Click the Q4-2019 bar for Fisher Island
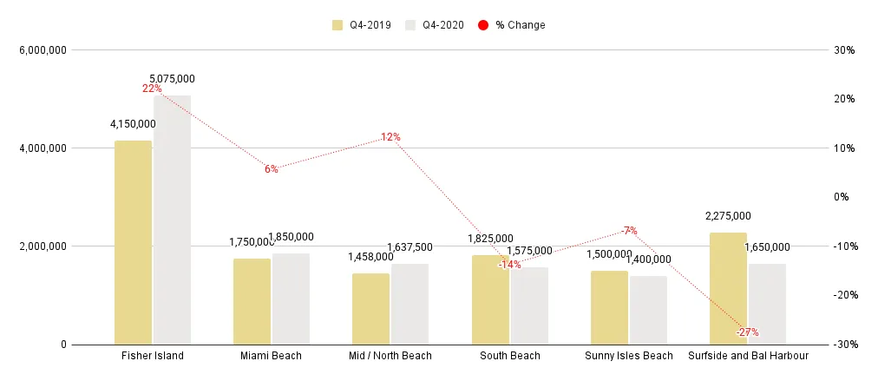click(133, 242)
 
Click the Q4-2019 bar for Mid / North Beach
click(370, 308)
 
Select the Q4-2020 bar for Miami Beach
click(291, 299)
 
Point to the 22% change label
click(152, 89)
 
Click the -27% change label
click(747, 332)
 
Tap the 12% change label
click(390, 137)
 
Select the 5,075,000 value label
click(172, 79)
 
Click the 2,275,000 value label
click(727, 216)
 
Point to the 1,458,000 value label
click(370, 257)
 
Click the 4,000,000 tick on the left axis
click(43, 148)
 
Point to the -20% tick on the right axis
click(844, 295)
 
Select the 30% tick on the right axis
click(844, 50)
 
